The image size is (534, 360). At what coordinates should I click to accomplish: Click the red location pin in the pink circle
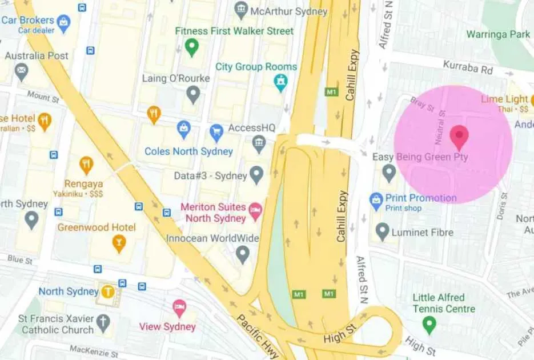tap(459, 137)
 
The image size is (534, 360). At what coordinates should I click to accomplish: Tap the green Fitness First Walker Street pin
tap(192, 47)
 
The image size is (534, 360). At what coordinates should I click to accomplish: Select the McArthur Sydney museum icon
tap(241, 10)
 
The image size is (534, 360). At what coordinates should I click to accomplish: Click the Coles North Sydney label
tap(188, 151)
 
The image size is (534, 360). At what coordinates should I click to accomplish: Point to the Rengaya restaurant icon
tap(86, 165)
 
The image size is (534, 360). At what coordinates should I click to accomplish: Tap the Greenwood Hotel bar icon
tap(119, 243)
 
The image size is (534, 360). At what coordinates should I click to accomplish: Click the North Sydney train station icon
tap(108, 291)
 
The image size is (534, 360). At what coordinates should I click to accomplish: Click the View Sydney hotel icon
tap(179, 308)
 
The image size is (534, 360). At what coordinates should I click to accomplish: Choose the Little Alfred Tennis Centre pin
tap(429, 325)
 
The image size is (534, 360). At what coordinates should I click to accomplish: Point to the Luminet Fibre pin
tap(383, 231)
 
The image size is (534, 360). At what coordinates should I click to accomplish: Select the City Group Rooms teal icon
tap(280, 82)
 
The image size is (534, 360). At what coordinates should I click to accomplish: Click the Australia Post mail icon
tap(22, 71)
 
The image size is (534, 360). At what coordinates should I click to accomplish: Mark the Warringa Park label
tap(498, 34)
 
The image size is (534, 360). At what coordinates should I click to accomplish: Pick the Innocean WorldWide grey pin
tap(243, 253)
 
